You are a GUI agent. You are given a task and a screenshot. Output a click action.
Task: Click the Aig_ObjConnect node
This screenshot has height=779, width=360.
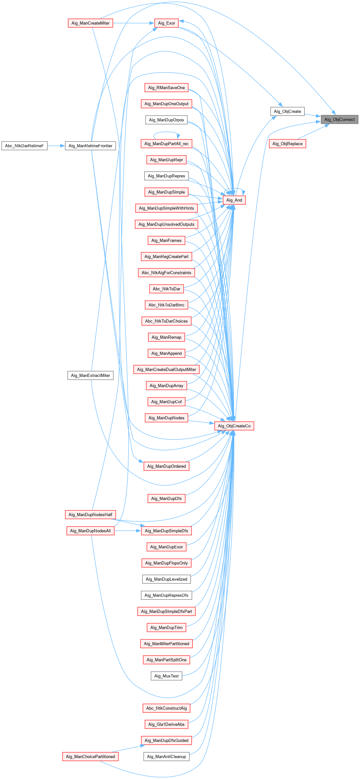339,119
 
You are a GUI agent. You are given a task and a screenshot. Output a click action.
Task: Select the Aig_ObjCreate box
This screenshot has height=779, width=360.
287,111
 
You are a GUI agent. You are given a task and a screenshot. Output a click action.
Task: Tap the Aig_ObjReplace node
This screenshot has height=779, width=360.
287,144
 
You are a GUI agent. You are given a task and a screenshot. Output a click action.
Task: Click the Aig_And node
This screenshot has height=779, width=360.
234,200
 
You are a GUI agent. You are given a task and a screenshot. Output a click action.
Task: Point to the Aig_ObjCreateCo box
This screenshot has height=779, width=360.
234,426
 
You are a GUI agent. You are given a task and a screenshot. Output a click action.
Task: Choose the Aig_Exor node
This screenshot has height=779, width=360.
166,23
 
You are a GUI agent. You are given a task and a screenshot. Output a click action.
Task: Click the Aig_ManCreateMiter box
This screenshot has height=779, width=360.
90,23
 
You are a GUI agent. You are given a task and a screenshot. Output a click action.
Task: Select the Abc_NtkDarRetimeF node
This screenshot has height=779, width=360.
24,146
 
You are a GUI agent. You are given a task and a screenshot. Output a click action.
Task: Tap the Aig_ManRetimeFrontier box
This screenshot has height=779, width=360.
90,146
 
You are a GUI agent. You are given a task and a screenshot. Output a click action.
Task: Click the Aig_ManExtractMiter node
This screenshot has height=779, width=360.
90,375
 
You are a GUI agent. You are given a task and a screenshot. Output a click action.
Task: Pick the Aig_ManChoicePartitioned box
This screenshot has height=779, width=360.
90,756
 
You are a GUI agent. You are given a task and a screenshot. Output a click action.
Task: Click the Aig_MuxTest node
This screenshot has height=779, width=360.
166,676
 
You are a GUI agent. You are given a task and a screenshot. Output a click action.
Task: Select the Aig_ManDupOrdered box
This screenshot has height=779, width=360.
166,466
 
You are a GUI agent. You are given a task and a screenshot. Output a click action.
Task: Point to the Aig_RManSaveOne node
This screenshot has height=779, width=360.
166,88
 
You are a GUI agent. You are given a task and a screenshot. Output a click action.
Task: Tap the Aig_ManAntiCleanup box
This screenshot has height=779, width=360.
166,756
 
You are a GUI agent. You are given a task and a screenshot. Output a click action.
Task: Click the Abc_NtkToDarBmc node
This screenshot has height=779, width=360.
166,305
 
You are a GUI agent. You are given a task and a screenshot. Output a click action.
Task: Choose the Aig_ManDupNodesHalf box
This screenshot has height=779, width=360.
90,514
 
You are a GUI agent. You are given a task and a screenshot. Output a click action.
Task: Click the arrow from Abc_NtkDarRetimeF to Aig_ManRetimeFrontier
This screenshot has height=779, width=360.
56,146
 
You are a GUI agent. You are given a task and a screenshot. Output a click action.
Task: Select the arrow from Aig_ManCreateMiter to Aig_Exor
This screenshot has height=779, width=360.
134,23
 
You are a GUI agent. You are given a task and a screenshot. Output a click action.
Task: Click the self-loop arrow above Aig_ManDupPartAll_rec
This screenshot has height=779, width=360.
166,133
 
